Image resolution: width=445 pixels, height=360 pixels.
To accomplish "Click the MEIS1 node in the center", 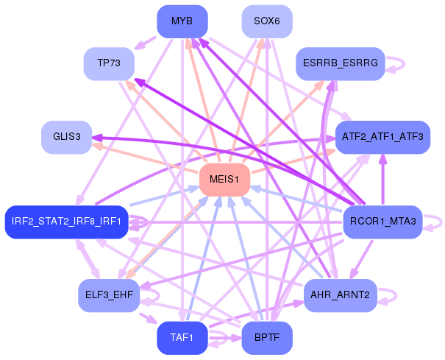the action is point(224,180).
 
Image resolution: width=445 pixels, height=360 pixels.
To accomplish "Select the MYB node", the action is point(182,21).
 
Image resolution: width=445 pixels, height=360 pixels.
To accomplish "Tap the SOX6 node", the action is point(267,21).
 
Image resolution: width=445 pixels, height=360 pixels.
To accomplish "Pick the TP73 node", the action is point(109,63).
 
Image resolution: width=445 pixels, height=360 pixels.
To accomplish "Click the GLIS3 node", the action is point(67,137).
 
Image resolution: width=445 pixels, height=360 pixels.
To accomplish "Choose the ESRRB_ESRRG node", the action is point(341,63).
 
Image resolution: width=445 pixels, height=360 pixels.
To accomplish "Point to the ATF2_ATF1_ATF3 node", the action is point(382,137).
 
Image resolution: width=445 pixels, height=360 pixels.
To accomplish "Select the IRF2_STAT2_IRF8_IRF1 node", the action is point(67,222).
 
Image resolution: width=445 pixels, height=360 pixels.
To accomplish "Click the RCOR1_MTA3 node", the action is point(382,222).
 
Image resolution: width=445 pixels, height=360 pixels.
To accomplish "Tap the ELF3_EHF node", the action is point(109,295).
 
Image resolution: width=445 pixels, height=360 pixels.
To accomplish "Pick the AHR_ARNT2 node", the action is point(341,295).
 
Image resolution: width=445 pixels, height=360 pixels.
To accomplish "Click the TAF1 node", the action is point(182,338).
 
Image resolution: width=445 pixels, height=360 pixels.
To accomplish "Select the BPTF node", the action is point(267,338).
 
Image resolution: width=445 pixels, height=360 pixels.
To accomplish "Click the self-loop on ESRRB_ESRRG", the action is point(404,63).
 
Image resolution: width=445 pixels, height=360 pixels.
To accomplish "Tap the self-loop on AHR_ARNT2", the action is point(396,295).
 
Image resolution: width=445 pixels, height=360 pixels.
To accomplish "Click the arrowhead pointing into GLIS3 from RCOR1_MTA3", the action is point(96,138).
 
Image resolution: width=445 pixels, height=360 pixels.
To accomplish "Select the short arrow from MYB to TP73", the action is point(145,43).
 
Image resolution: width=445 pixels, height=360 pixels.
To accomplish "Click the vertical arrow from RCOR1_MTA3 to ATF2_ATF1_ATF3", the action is point(383,179).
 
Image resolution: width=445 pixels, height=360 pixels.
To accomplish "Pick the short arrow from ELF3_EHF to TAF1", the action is point(148,318).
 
